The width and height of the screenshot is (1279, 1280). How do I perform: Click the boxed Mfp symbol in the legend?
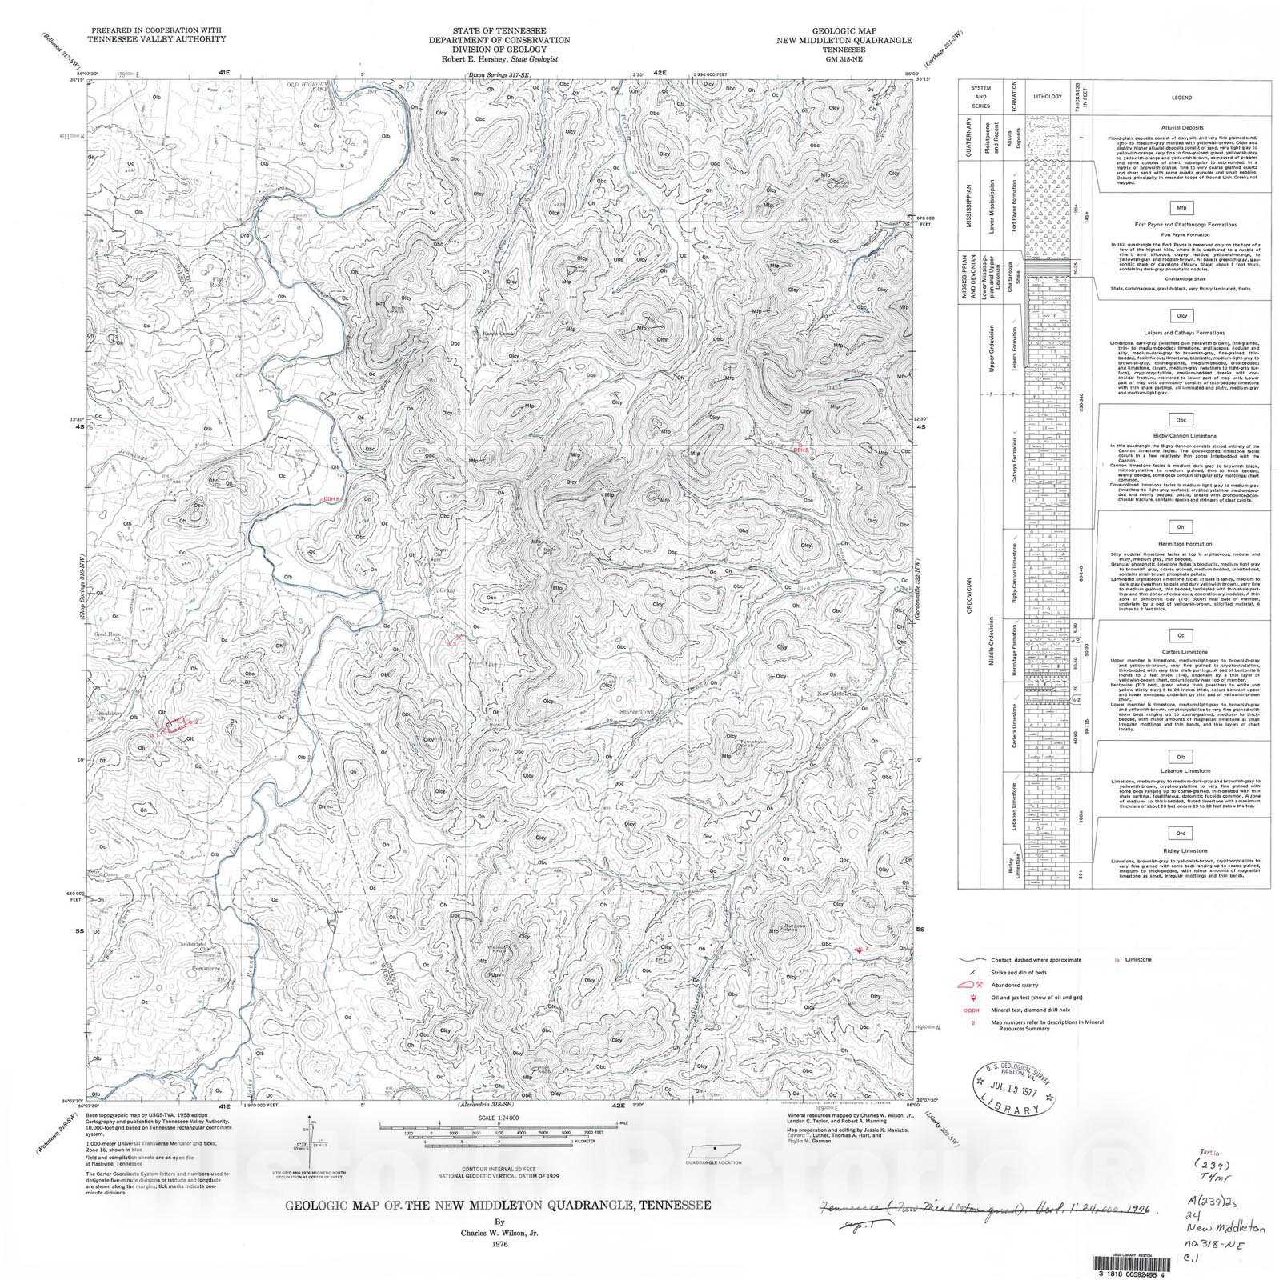point(1181,207)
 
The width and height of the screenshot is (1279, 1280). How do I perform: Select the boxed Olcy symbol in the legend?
point(1181,316)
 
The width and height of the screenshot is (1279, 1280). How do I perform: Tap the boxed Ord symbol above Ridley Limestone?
point(1180,833)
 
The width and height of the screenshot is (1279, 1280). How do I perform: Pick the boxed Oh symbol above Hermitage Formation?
point(1180,527)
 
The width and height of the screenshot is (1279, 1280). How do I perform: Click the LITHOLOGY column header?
point(1047,97)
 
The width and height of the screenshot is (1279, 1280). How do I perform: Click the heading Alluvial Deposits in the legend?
point(1181,126)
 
